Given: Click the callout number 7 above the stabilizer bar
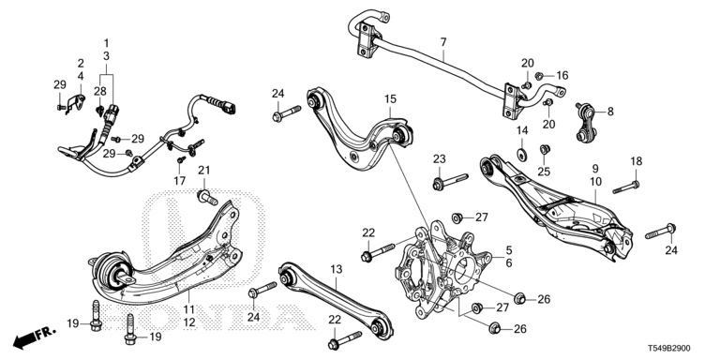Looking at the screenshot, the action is click(443, 43).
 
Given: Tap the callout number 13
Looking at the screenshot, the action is click(337, 270).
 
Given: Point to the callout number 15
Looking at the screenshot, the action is click(390, 98).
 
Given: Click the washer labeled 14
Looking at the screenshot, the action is click(521, 155).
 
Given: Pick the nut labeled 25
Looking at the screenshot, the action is click(545, 149).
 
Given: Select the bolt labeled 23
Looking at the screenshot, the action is click(450, 180).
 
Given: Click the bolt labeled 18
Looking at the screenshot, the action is click(625, 187).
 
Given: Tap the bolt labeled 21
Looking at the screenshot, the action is click(207, 198).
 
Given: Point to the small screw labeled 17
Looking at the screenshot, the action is click(181, 160).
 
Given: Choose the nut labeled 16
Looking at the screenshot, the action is click(540, 75).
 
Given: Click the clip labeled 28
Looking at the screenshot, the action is click(99, 110).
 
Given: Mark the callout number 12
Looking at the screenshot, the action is click(189, 322).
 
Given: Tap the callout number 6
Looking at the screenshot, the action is click(509, 263).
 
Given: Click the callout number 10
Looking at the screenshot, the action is click(595, 182).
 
